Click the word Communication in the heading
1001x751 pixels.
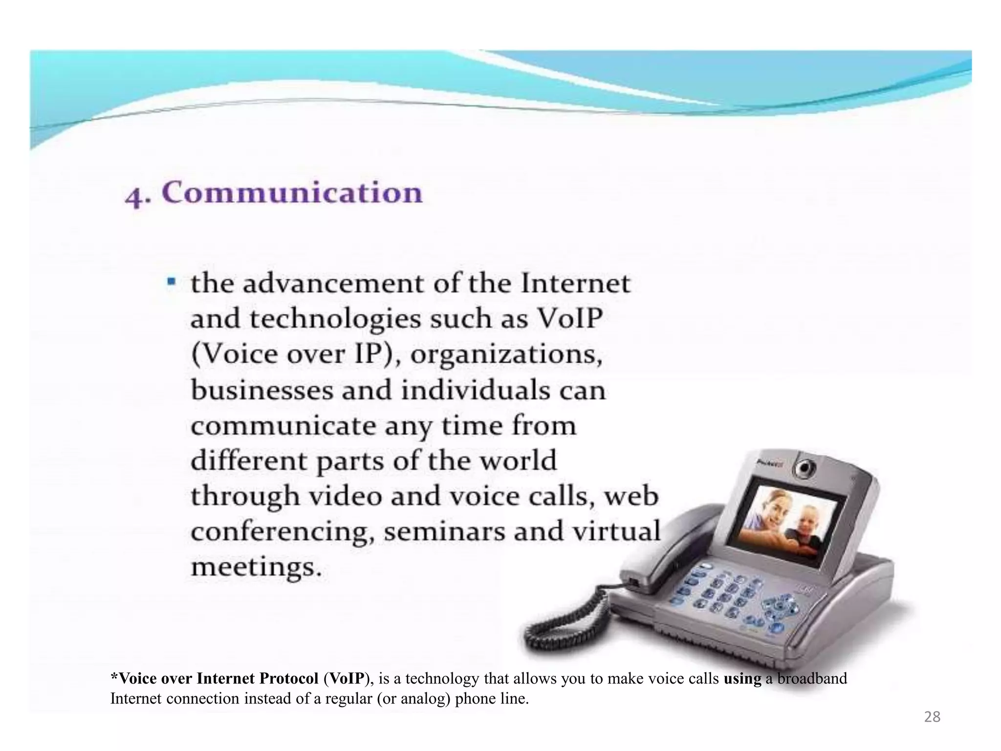pos(292,193)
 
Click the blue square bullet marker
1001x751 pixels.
pos(171,282)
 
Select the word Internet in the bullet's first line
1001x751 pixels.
pos(575,284)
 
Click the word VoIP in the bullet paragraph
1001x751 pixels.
pos(569,319)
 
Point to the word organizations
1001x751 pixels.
pos(506,354)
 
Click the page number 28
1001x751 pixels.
pos(932,717)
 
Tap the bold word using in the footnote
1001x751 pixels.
pos(742,679)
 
